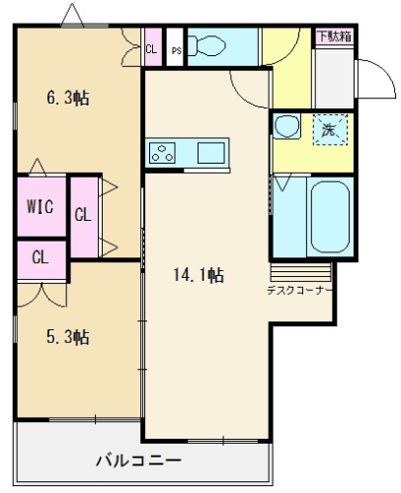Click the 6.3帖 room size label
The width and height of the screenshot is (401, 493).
click(x=68, y=98)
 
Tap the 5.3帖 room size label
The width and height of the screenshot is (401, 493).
click(x=68, y=337)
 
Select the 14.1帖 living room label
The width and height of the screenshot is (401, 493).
click(x=199, y=275)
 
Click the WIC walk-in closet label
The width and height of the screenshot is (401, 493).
click(x=40, y=207)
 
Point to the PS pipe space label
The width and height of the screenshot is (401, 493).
click(x=177, y=51)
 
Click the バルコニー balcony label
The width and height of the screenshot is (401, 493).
click(x=138, y=460)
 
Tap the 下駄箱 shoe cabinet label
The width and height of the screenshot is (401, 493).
click(x=335, y=36)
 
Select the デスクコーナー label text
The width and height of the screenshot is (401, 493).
click(x=299, y=291)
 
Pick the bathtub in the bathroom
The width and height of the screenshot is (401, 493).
click(x=330, y=217)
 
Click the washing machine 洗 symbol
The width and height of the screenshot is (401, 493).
click(x=330, y=130)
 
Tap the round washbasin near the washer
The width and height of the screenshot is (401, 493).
click(x=286, y=126)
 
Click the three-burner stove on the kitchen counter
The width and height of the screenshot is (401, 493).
click(x=162, y=153)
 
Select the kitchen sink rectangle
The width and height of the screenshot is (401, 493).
click(x=211, y=153)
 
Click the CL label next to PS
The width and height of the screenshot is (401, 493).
click(x=151, y=49)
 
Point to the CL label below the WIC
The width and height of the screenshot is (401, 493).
click(x=40, y=257)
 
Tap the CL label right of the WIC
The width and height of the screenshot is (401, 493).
click(x=82, y=215)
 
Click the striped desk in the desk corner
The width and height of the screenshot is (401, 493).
click(x=300, y=271)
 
